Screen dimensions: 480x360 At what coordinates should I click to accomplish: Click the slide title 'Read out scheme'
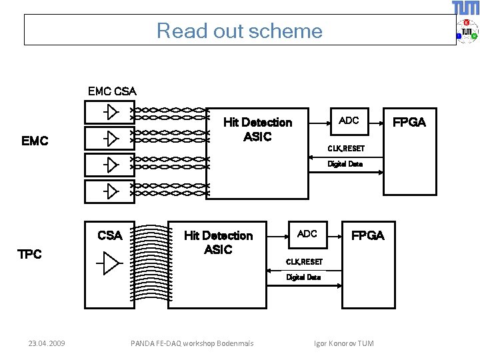coord(239,31)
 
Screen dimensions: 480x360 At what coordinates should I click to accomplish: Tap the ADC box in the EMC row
coord(349,121)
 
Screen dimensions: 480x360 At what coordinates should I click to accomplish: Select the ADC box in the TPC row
coord(307,235)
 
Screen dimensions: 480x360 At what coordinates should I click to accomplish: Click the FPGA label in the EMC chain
coord(409,123)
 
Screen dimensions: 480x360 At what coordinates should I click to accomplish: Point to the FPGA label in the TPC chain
coord(367,236)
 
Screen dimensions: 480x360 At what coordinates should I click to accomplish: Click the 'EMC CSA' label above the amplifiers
coord(112,91)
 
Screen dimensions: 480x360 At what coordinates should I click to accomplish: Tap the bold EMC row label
coord(35,141)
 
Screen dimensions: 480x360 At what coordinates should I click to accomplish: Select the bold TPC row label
coord(29,254)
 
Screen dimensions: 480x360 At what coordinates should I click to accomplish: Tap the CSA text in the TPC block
coord(110,235)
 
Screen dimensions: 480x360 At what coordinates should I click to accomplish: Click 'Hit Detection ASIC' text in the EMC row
coord(258,129)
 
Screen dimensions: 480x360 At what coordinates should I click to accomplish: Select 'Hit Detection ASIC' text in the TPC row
coord(218,243)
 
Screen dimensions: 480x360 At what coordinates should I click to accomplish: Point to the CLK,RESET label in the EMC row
coord(346,149)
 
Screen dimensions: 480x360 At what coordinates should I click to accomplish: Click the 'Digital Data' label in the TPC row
coord(303,277)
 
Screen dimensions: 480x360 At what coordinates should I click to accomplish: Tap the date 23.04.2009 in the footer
coord(47,343)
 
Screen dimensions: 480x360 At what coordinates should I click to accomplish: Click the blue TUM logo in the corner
coord(465,7)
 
